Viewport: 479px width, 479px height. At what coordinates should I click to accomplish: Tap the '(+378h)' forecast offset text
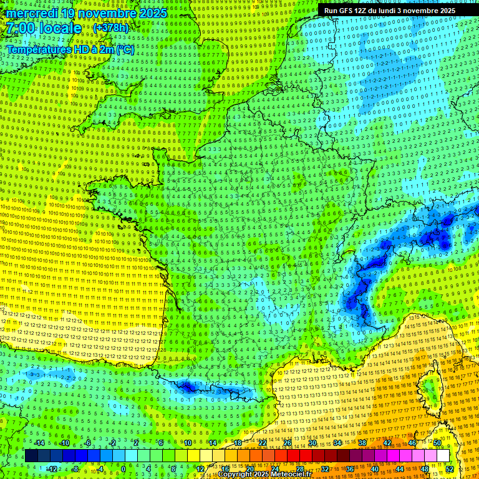tap(112, 28)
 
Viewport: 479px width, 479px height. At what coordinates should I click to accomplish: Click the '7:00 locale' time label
tap(44, 28)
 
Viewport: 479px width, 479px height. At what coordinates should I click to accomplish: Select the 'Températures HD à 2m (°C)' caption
tap(70, 49)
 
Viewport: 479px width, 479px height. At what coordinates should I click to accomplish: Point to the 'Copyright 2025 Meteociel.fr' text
tap(264, 475)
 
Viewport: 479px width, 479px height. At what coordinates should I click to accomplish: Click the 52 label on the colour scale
tap(450, 469)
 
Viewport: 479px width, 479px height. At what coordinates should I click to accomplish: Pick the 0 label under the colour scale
tap(123, 469)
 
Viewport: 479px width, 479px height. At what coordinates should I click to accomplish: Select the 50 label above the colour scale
tap(437, 443)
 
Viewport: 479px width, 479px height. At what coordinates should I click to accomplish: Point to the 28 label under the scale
tap(299, 469)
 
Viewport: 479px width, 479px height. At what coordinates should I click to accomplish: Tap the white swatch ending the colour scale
tap(443, 456)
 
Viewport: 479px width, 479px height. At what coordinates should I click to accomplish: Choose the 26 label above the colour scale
tap(287, 443)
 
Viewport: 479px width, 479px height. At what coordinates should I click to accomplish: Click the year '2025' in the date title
tap(153, 13)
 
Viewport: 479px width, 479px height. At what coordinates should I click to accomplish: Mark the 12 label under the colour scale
tap(200, 469)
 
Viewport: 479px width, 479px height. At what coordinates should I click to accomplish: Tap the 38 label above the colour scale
tap(362, 443)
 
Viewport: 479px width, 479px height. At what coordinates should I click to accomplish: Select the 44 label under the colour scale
tap(400, 469)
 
